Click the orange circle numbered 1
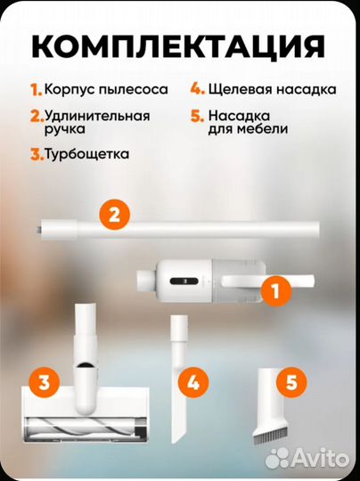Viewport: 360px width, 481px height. click(x=275, y=289)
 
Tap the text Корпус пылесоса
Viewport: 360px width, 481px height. click(x=97, y=89)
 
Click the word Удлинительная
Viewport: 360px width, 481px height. click(x=98, y=116)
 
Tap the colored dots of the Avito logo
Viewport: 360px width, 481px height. click(x=281, y=458)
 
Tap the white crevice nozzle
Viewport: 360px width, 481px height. click(x=178, y=374)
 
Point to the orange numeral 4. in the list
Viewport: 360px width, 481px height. click(x=196, y=89)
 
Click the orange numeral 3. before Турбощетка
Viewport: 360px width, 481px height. click(x=36, y=153)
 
